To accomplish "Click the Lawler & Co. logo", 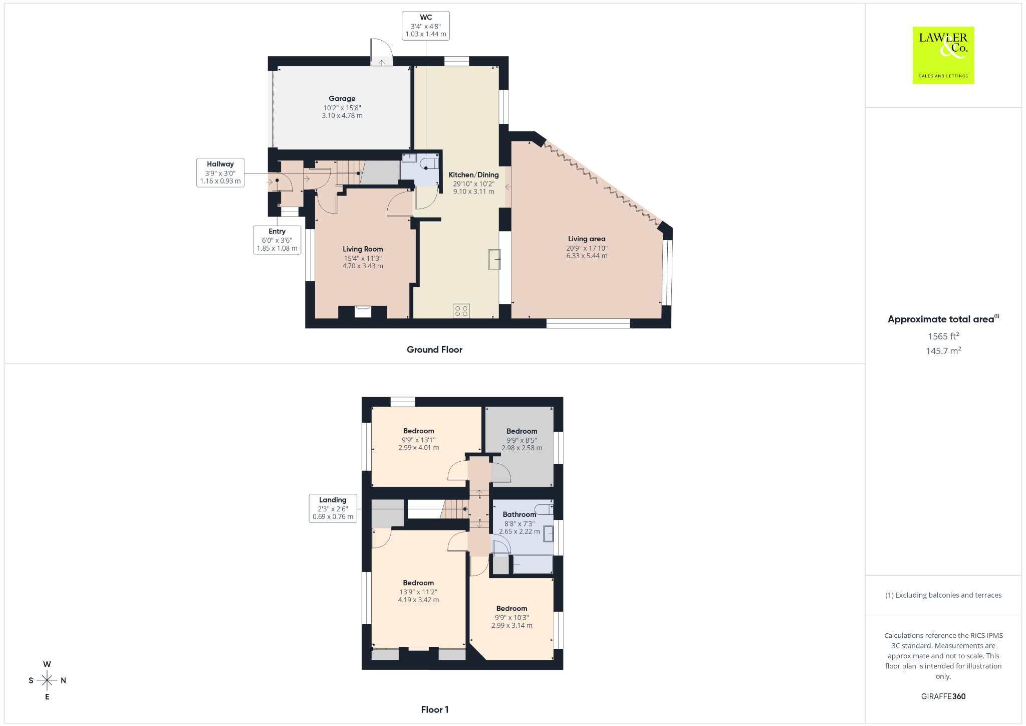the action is pos(943,55).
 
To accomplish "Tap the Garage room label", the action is pos(342,99).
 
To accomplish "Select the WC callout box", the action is pos(426,26).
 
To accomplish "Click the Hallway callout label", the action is pos(220,164).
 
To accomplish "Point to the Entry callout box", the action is pos(277,240).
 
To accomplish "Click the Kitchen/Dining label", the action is pos(473,174).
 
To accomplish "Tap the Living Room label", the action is pos(363,249).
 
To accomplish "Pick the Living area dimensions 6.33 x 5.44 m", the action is pos(587,256).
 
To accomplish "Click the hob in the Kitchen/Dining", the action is pos(461,311).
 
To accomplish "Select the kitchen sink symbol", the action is pos(494,259).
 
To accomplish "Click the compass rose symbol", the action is pos(47,680).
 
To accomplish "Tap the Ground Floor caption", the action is pos(434,349).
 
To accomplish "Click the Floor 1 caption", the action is pos(435,709).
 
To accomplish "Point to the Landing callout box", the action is pos(333,508).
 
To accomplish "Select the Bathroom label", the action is pos(520,514).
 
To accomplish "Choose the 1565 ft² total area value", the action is pos(943,336).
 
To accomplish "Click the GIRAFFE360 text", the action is pos(943,696).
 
